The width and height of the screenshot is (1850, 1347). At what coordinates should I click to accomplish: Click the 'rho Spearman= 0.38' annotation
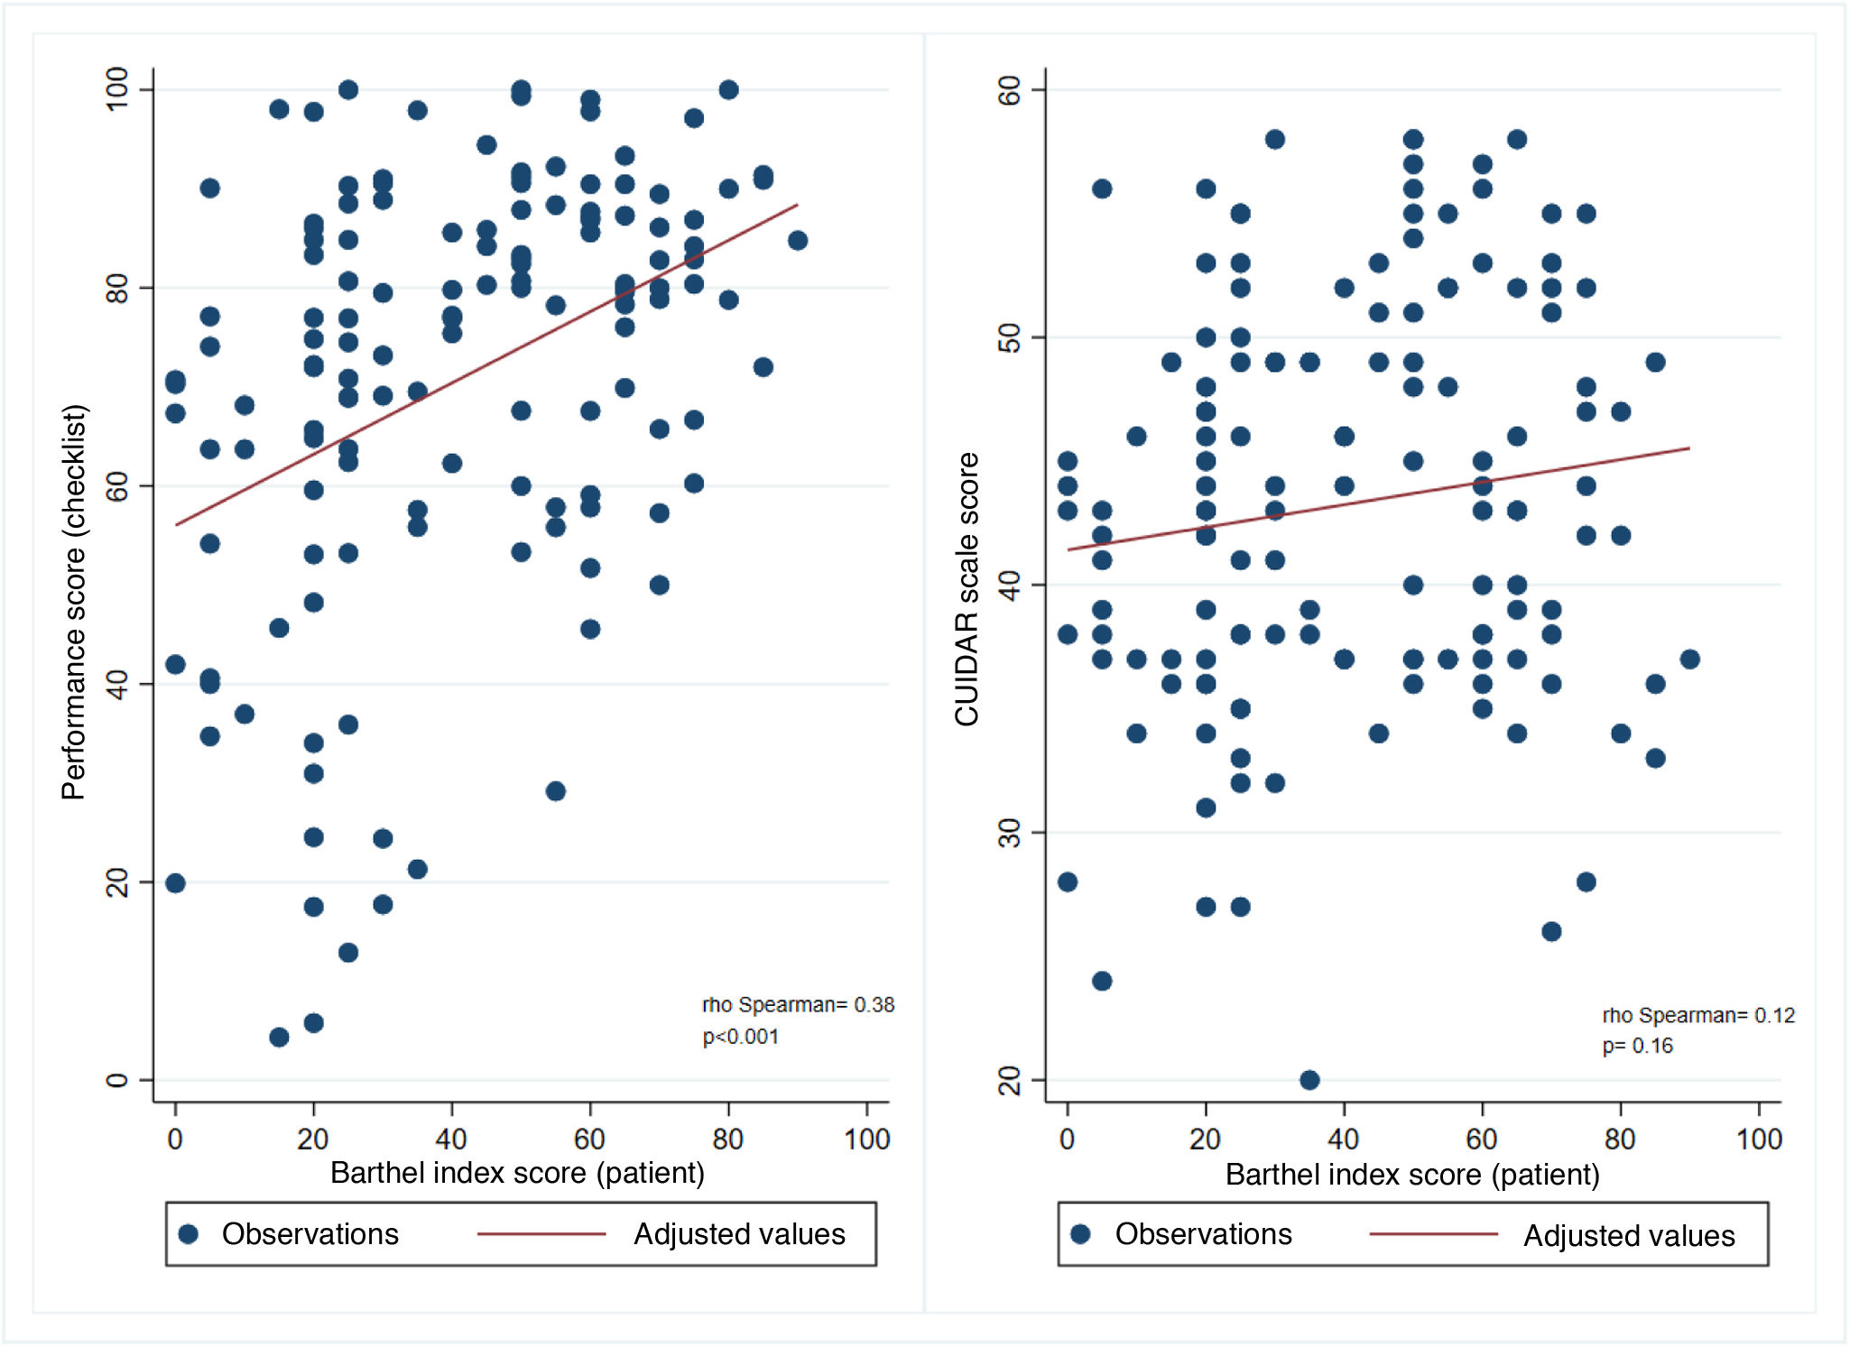(798, 1004)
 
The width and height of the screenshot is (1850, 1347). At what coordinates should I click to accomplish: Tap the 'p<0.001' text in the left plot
(740, 1037)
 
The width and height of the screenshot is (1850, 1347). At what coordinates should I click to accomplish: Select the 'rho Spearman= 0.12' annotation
(1698, 1015)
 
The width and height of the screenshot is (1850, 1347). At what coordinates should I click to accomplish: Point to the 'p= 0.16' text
(1637, 1046)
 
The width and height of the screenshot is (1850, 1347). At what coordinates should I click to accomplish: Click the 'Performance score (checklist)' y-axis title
(74, 602)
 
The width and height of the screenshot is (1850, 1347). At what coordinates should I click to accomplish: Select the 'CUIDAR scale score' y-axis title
(967, 589)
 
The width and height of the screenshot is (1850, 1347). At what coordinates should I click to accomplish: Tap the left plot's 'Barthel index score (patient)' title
(517, 1173)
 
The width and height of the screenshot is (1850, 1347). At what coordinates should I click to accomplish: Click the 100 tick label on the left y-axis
(117, 89)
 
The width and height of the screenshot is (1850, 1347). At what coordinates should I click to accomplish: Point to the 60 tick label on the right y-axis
(1010, 89)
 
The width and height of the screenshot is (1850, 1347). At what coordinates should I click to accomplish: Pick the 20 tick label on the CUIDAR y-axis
(1010, 1080)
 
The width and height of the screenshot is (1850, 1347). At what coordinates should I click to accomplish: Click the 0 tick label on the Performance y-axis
(117, 1080)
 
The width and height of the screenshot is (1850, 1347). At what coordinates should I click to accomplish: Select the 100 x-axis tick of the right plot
(1759, 1139)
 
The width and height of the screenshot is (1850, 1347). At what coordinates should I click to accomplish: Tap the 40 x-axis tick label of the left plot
(451, 1139)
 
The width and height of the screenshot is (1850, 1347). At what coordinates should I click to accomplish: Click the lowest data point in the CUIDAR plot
(1309, 1080)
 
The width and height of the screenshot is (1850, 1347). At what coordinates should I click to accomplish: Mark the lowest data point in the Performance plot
(279, 1038)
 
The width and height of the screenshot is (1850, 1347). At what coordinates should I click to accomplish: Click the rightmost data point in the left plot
(798, 240)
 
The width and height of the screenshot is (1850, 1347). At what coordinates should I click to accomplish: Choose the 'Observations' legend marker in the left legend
(189, 1233)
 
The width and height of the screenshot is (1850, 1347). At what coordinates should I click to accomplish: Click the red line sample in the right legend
(1433, 1233)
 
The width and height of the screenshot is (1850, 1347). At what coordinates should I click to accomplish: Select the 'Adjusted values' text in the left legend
(739, 1233)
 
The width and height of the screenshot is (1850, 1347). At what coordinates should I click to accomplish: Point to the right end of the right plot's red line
(1688, 448)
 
